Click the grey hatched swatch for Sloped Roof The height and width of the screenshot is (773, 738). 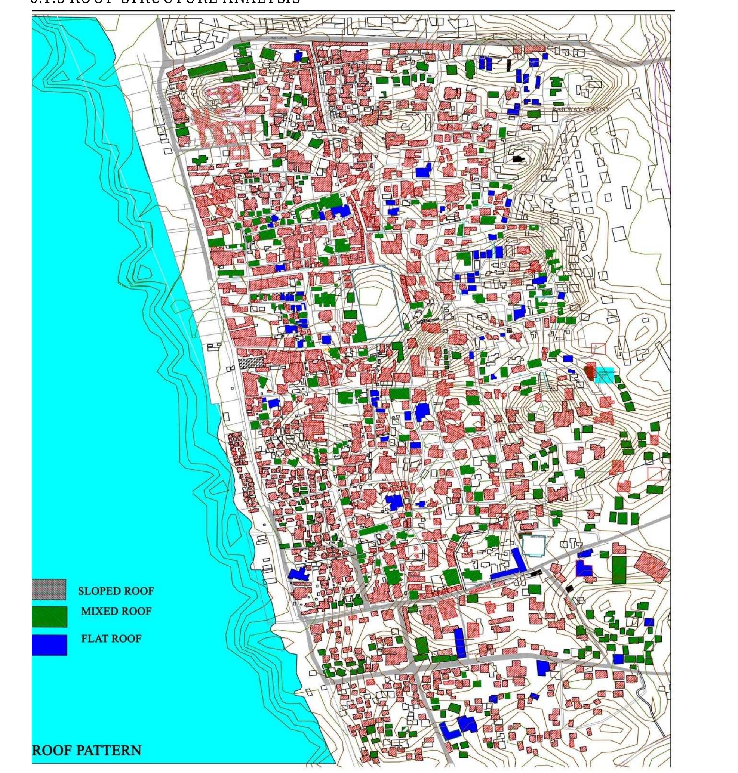[49, 589]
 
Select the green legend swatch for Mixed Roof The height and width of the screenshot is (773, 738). [49, 616]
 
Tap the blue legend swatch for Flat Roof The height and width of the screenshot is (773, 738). [49, 645]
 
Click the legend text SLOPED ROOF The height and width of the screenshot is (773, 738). [116, 591]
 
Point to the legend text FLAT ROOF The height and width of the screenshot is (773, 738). [111, 638]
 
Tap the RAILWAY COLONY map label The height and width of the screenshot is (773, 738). [581, 109]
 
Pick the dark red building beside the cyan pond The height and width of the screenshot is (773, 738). [589, 372]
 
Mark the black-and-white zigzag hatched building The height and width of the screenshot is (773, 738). [250, 362]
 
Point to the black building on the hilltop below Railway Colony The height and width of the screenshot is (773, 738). [519, 159]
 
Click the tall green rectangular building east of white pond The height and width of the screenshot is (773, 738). [619, 569]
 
